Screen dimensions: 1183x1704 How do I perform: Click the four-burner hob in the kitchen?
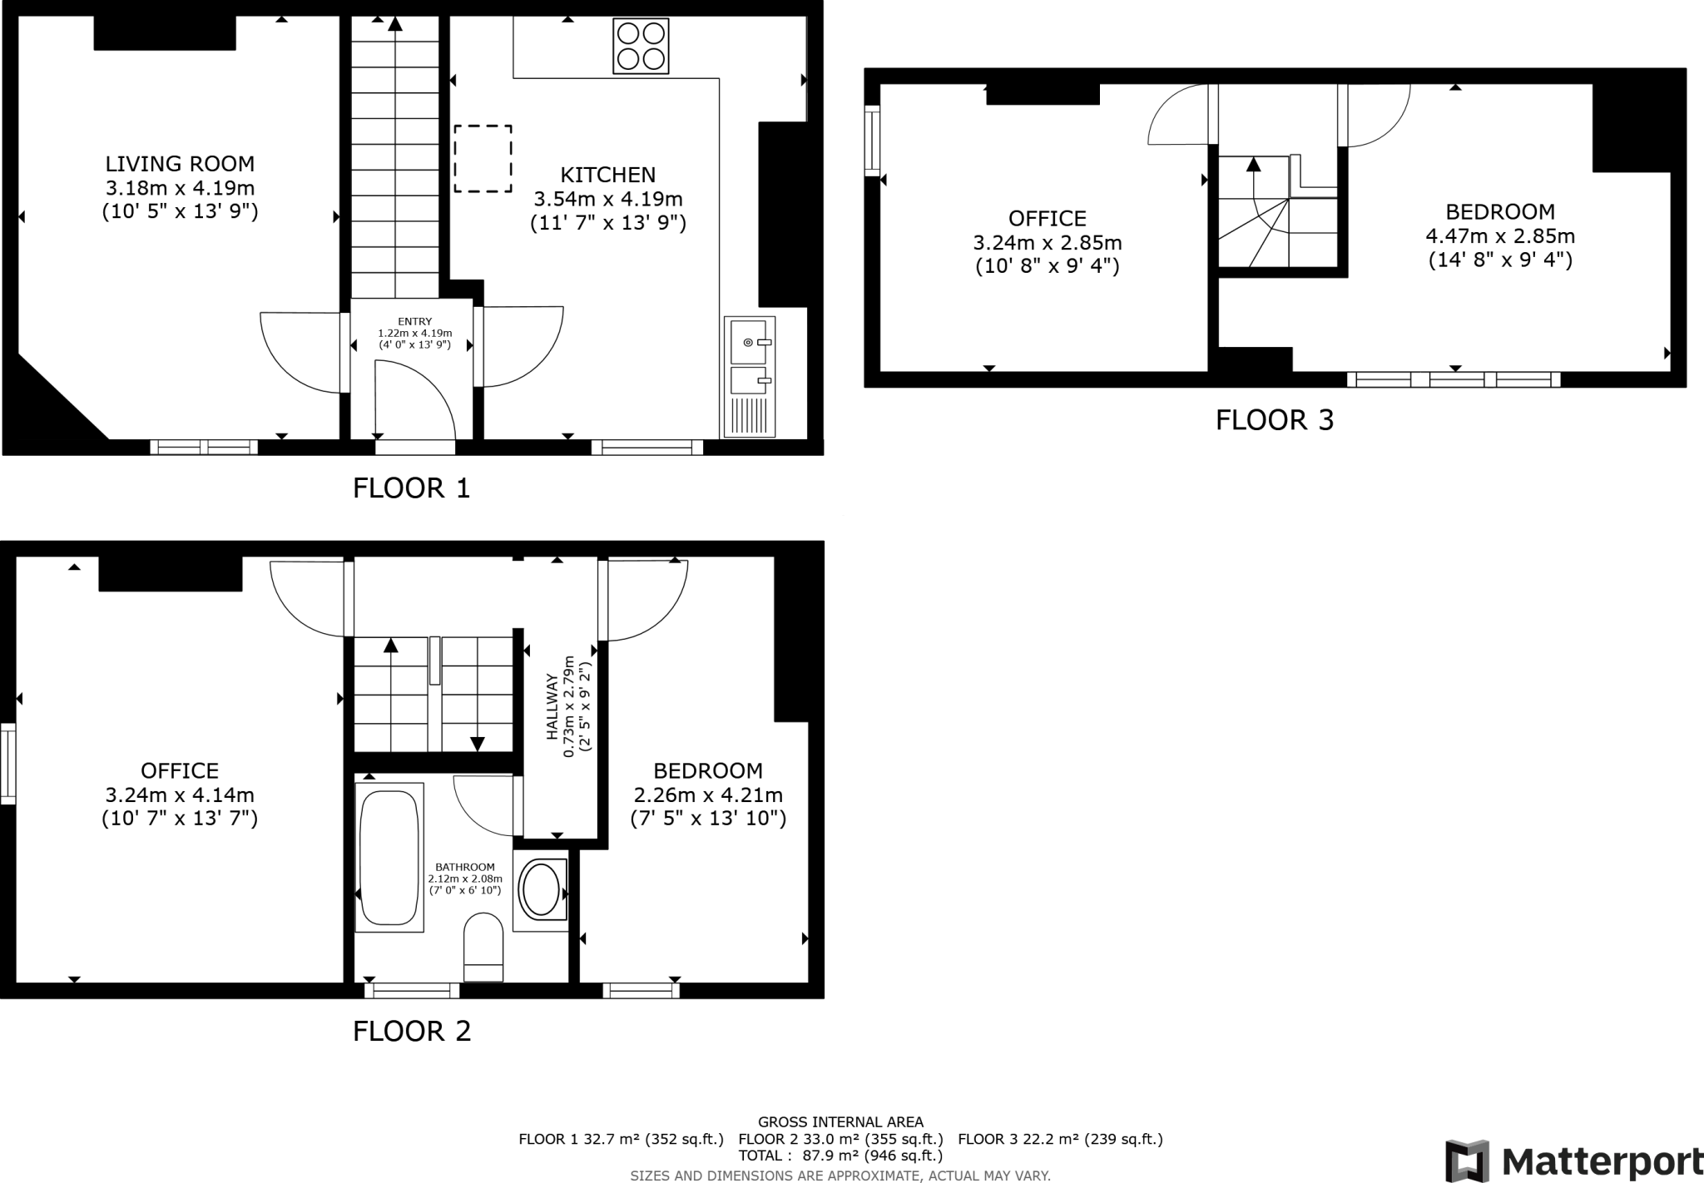641,46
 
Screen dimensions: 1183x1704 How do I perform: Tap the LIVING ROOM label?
180,164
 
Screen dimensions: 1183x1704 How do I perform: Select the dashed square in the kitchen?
483,158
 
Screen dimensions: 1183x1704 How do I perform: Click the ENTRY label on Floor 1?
414,322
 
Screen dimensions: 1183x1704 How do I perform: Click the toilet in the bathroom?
483,947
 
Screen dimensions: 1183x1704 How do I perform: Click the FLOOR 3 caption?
1274,420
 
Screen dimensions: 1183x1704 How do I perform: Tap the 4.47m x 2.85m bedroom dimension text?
1499,236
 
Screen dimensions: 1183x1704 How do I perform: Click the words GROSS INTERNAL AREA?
840,1122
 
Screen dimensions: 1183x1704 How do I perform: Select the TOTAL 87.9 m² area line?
840,1156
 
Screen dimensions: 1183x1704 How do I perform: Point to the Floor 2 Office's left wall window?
7,764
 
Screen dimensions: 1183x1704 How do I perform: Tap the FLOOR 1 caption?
411,488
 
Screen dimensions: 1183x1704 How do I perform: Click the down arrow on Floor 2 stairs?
478,742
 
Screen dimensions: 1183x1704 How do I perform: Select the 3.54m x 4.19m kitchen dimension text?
607,200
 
